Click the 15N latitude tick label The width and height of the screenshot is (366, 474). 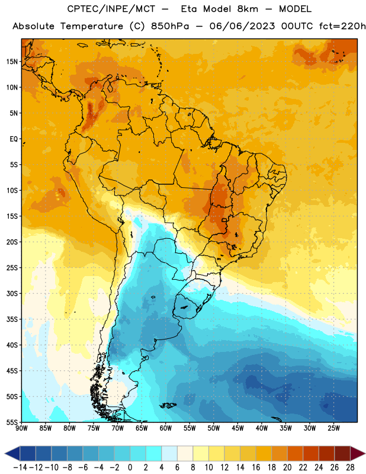coord(12,62)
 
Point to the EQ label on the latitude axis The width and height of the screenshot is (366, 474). coord(14,139)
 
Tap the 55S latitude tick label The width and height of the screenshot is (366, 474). coord(12,422)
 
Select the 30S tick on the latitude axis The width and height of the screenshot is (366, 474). coord(12,293)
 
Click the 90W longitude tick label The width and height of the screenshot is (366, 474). coord(21,428)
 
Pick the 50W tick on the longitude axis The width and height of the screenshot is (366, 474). coord(214,428)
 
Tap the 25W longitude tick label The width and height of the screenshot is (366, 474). coord(333,428)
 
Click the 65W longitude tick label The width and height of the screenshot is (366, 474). coord(142,428)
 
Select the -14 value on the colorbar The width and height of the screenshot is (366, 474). coord(20,467)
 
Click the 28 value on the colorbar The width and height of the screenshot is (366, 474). coord(350,467)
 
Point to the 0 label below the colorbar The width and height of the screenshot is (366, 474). coord(130,467)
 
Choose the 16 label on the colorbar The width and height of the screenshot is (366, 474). coord(256,467)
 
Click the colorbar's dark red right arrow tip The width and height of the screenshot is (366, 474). coord(365,453)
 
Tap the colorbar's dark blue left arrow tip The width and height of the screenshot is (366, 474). coord(5,453)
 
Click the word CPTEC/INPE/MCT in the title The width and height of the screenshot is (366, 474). coord(111,9)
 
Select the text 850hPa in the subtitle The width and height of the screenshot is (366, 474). coord(170,26)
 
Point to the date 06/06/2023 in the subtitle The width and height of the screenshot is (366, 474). coord(242,26)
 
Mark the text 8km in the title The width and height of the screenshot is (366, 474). coord(248,9)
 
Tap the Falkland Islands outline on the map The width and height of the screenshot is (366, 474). coord(168,405)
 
